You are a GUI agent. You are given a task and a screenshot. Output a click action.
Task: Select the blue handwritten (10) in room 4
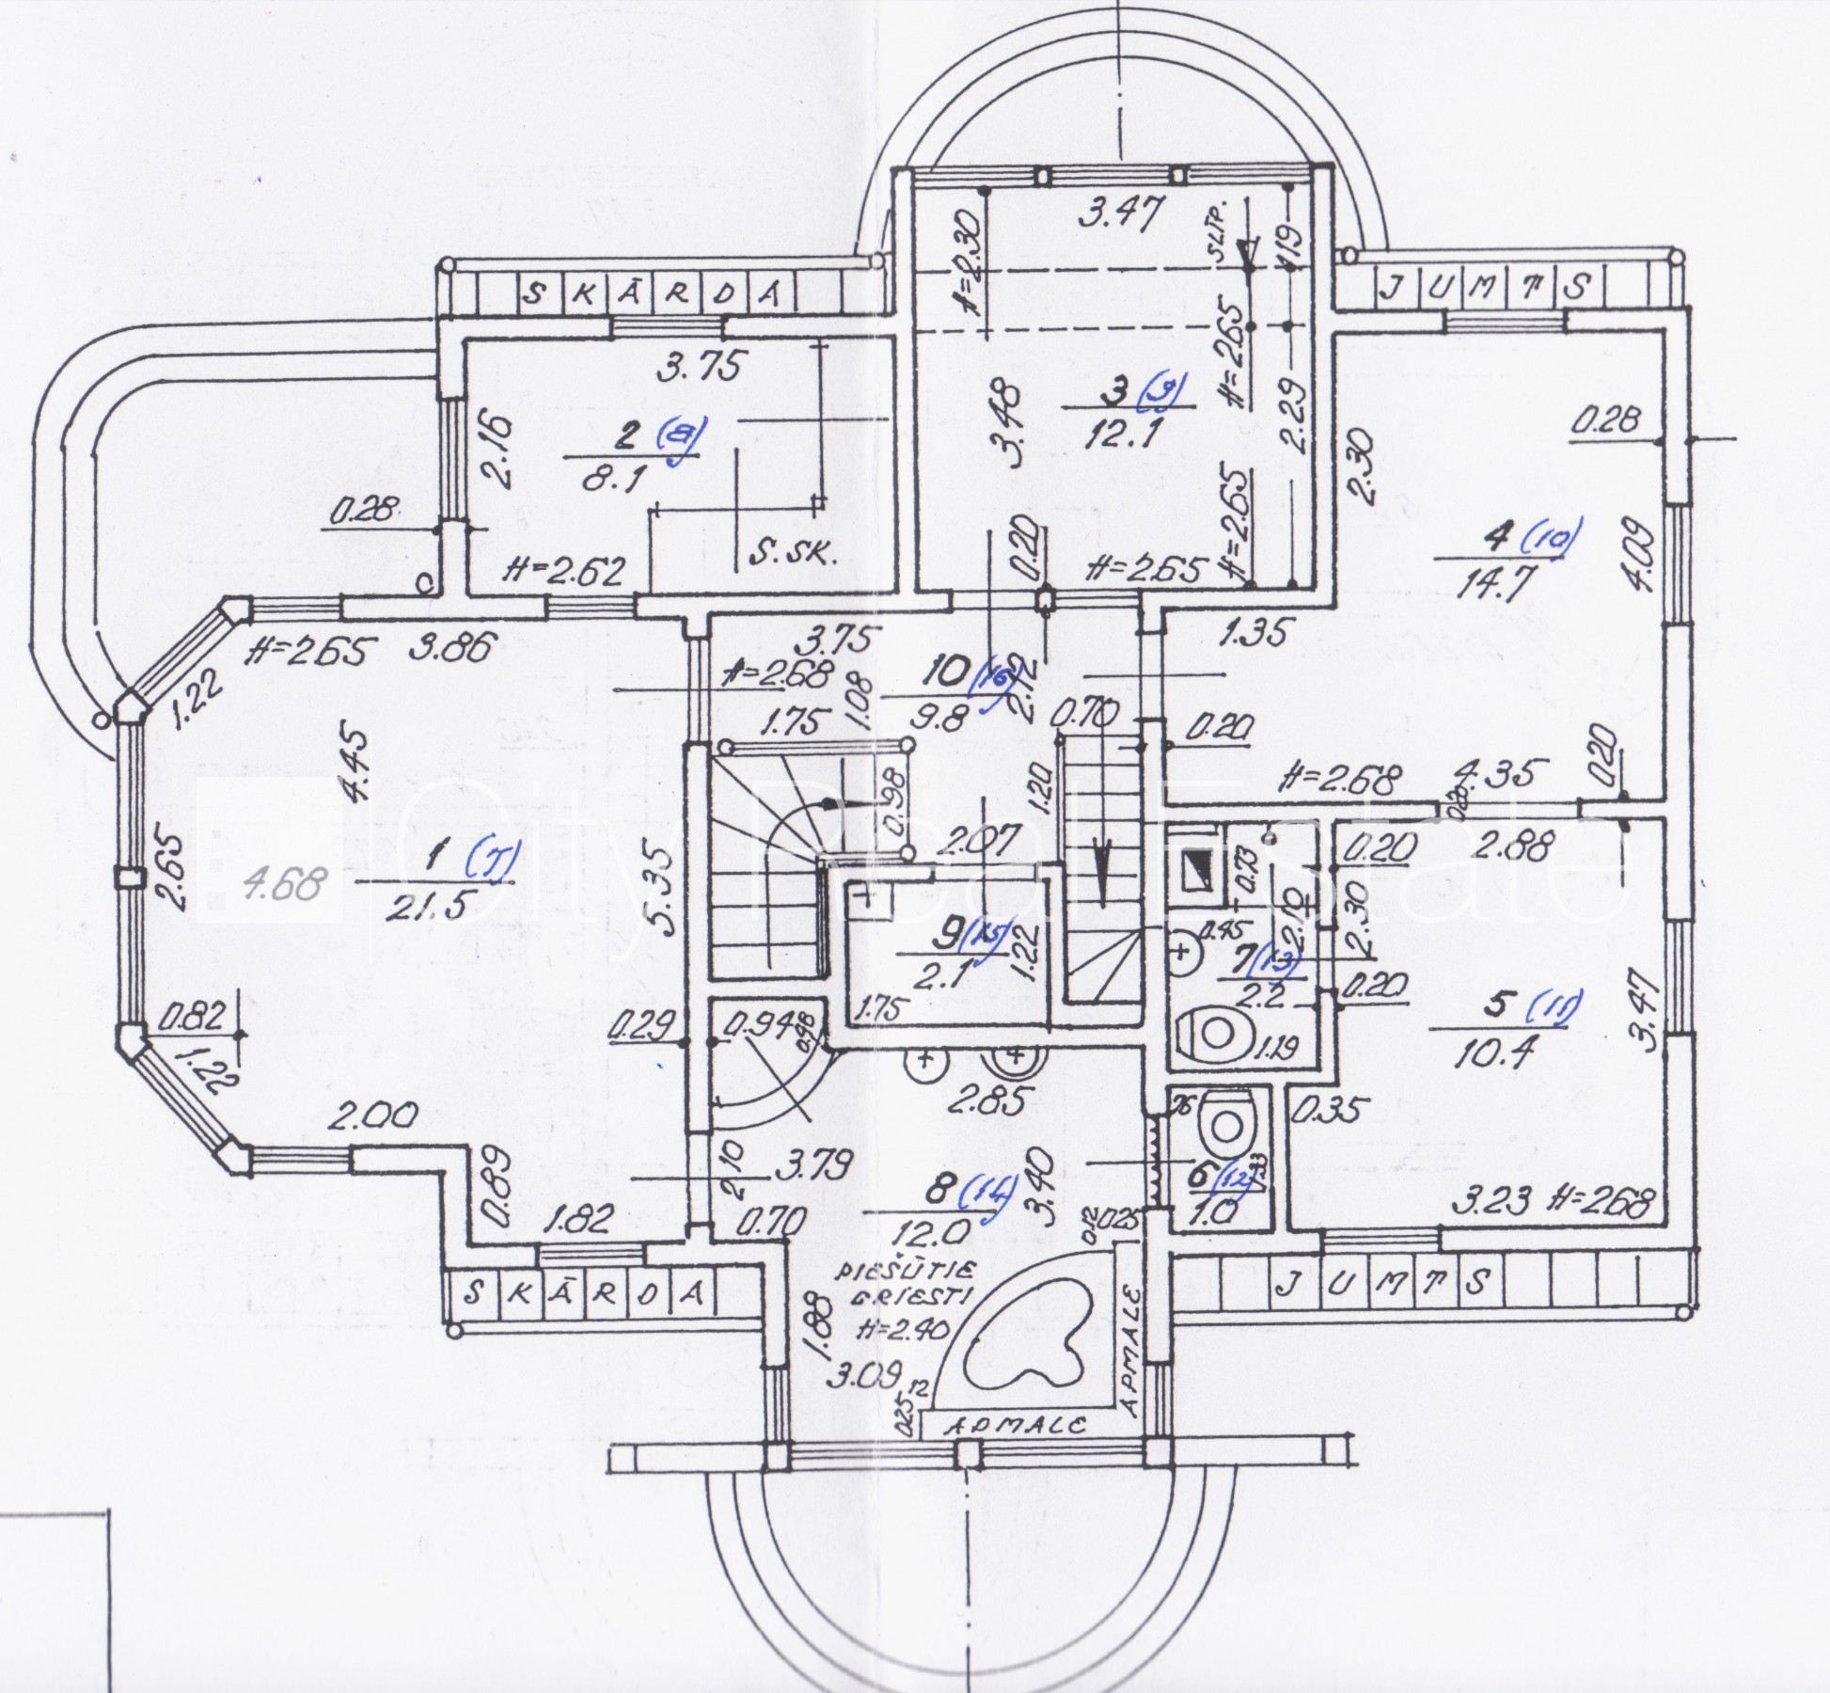point(1552,537)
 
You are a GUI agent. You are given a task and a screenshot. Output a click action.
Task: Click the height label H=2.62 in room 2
point(564,572)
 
